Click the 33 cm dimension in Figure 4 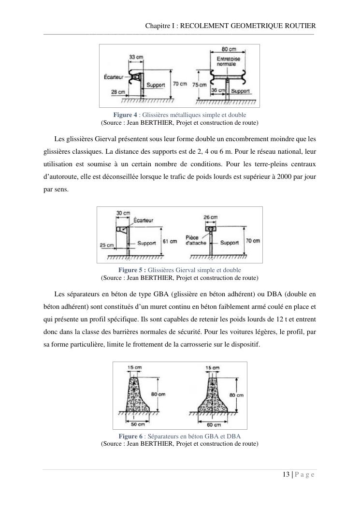(136, 57)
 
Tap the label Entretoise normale (225, 61)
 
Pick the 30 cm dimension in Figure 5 (124, 213)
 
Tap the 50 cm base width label (138, 424)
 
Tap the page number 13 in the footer (286, 474)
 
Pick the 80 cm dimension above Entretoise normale (228, 49)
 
